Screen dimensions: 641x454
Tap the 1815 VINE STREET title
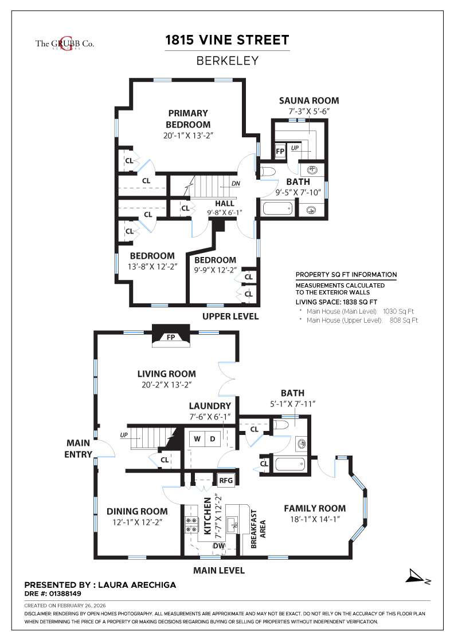pos(227,40)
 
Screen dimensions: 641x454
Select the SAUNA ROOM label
pos(309,101)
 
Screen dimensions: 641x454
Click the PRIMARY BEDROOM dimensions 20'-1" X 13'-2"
pos(188,136)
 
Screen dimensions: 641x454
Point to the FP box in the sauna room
pos(280,151)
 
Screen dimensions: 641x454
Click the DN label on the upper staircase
pos(236,184)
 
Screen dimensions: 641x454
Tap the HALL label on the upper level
pos(224,204)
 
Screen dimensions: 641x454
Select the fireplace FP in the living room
pos(170,337)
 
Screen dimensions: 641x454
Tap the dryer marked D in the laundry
pos(212,439)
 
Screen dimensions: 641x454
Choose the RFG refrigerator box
pos(226,480)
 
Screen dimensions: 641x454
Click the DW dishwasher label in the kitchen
pos(218,546)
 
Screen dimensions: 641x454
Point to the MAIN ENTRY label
pos(79,449)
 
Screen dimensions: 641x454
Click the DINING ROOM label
pos(138,511)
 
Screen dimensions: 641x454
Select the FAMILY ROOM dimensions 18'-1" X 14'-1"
pos(315,520)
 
